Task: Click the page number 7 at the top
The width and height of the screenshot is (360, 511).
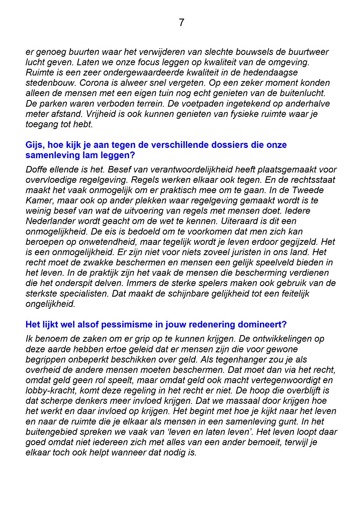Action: pyautogui.click(x=181, y=23)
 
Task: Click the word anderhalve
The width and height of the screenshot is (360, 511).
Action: pyautogui.click(x=309, y=104)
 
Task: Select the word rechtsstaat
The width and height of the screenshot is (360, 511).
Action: pyautogui.click(x=312, y=180)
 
